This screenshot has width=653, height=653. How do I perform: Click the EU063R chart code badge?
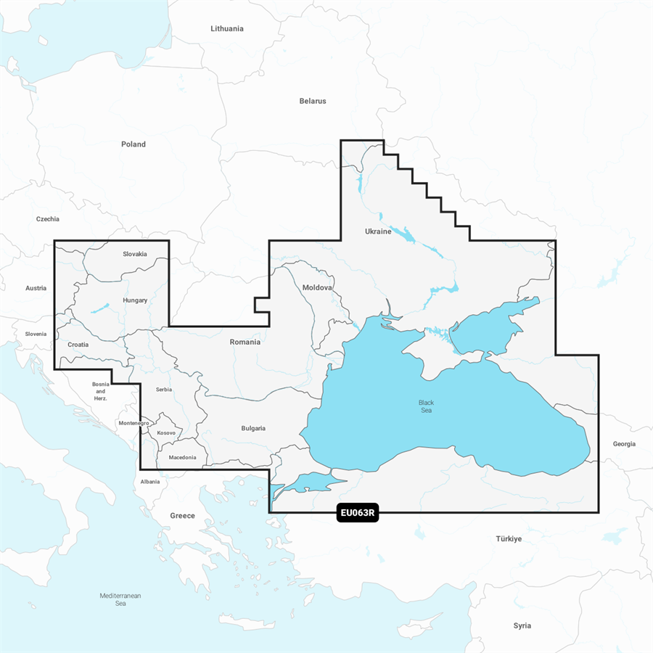pyautogui.click(x=358, y=514)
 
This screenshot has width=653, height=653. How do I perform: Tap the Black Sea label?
pyautogui.click(x=427, y=406)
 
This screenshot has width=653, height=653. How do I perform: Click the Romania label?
pyautogui.click(x=245, y=342)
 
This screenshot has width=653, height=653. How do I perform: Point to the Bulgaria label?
pyautogui.click(x=253, y=428)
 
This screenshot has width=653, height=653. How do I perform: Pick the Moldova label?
pyautogui.click(x=317, y=287)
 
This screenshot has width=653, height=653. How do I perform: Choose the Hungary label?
pyautogui.click(x=135, y=300)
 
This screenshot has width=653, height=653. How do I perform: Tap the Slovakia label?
pyautogui.click(x=134, y=254)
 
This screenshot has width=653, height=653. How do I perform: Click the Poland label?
pyautogui.click(x=134, y=144)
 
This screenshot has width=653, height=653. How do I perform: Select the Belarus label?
pyautogui.click(x=313, y=101)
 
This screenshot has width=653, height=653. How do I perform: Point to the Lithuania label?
pyautogui.click(x=227, y=29)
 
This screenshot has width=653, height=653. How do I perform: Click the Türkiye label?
pyautogui.click(x=509, y=539)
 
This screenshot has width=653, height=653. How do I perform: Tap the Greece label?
pyautogui.click(x=182, y=515)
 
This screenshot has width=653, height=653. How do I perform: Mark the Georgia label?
pyautogui.click(x=624, y=443)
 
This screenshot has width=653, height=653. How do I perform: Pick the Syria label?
pyautogui.click(x=522, y=625)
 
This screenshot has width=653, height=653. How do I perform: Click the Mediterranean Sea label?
pyautogui.click(x=120, y=599)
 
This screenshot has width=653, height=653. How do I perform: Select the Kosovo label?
pyautogui.click(x=166, y=432)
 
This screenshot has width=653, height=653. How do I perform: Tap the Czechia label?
pyautogui.click(x=48, y=218)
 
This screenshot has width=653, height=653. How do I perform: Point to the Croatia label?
pyautogui.click(x=78, y=345)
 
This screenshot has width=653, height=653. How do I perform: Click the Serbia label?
pyautogui.click(x=164, y=390)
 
